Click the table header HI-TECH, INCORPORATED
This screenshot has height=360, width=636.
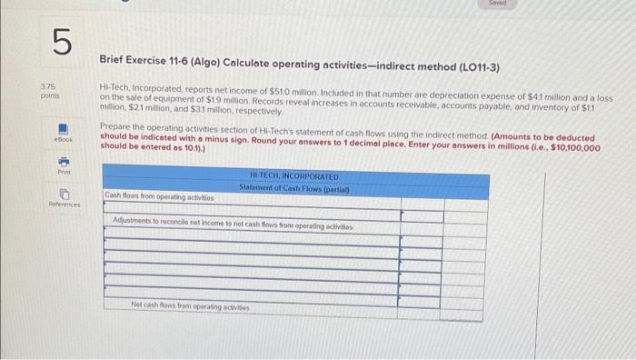(x=293, y=175)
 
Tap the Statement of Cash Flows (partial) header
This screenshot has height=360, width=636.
(x=293, y=186)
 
